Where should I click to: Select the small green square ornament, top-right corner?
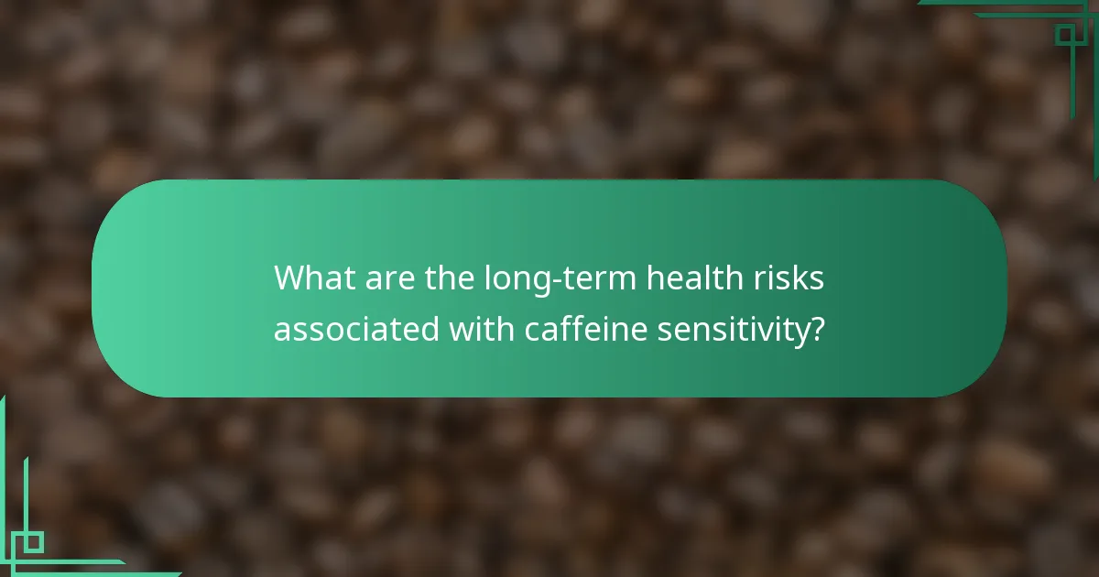1064,35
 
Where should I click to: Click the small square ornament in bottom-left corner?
33,541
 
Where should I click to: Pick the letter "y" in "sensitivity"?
799,333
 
